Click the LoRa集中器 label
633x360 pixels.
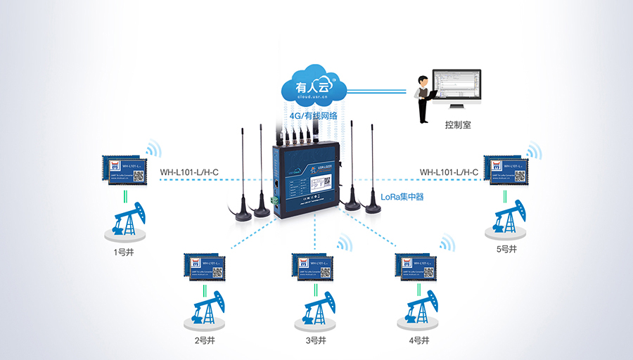402,198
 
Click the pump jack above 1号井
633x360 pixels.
129,221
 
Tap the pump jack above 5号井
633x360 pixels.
505,219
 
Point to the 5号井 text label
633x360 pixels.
506,250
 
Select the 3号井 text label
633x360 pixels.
316,341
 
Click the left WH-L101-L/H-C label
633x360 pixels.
189,172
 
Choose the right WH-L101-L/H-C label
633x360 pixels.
449,172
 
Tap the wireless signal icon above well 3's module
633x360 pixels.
343,243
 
